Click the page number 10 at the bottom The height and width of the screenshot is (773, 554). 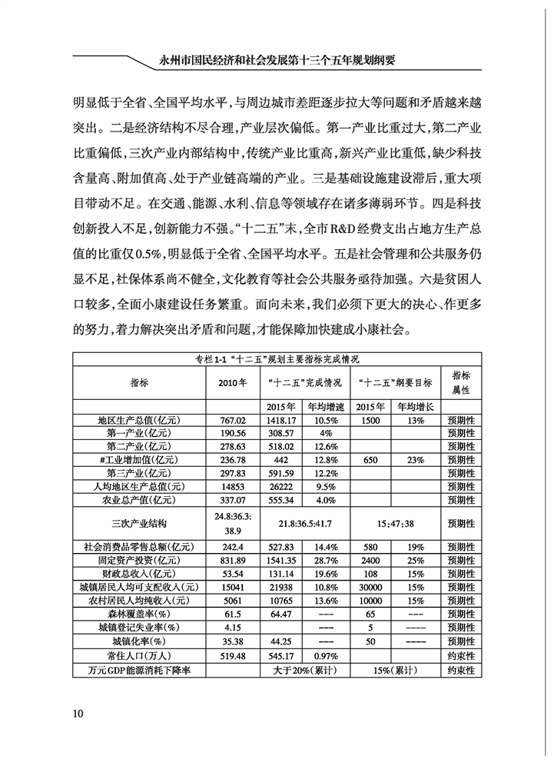click(x=78, y=711)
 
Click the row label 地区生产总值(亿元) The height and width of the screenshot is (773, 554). click(x=139, y=421)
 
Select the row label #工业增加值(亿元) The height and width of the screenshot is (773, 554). click(x=139, y=458)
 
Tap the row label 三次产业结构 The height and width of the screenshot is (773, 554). click(x=139, y=523)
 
